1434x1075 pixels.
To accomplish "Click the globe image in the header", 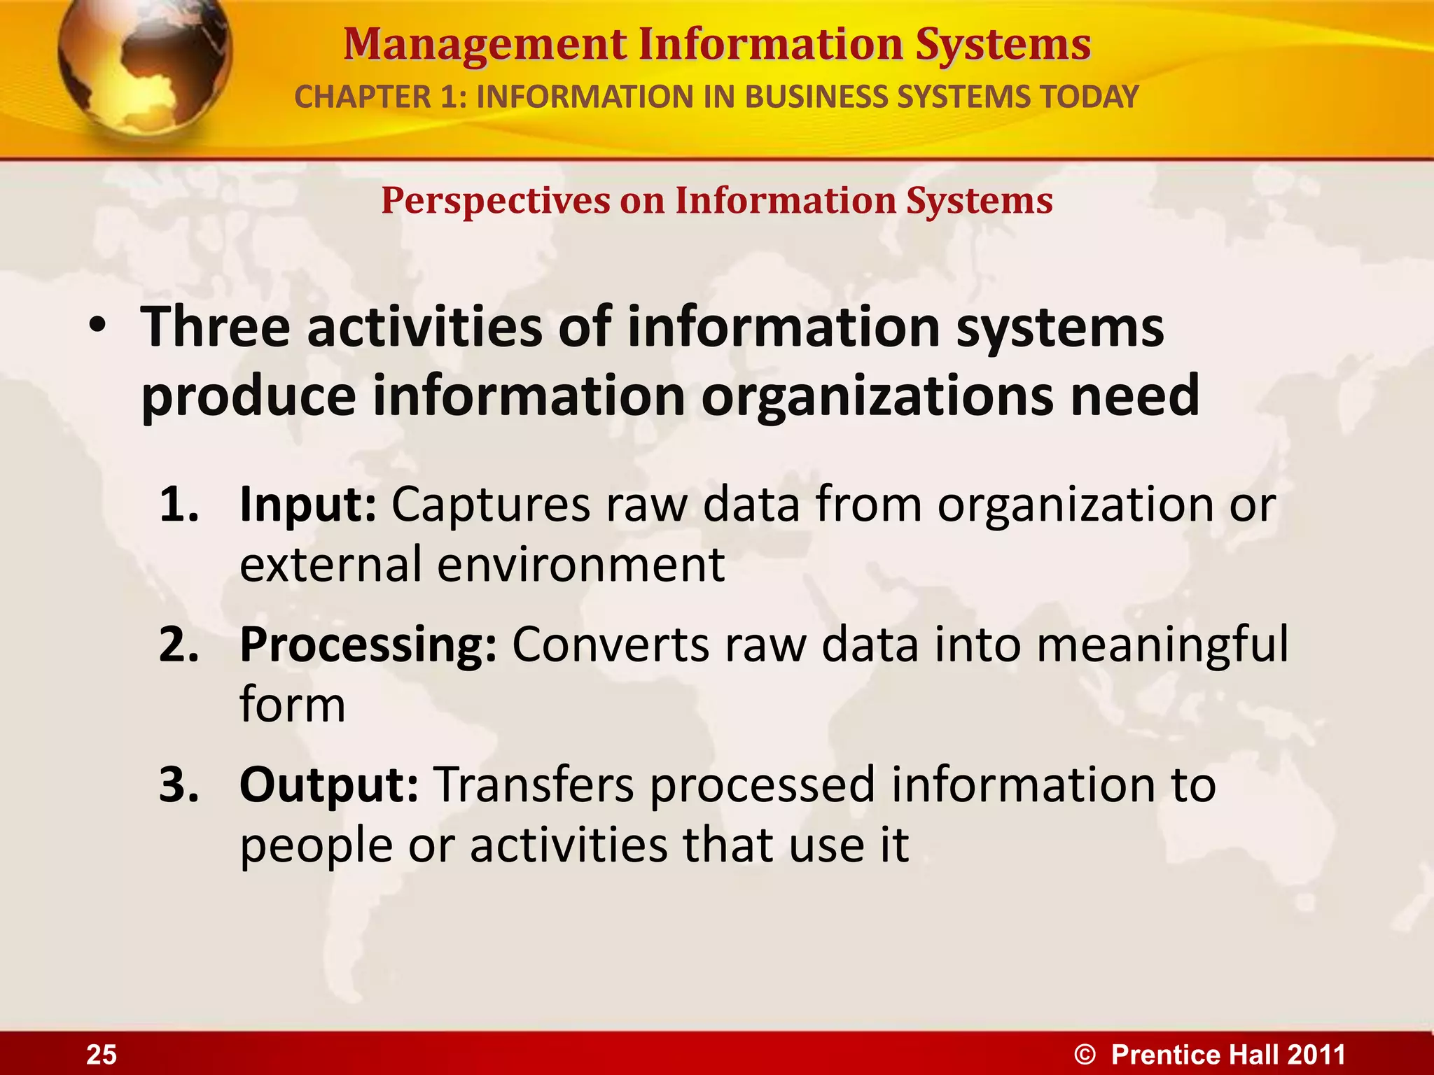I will [x=144, y=63].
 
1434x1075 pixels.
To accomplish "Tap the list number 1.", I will [x=178, y=504].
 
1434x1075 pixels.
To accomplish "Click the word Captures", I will [x=490, y=505].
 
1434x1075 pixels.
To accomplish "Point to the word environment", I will [x=580, y=564].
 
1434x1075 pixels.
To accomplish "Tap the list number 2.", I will [x=179, y=645].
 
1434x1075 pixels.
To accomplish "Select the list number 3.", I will [x=179, y=785].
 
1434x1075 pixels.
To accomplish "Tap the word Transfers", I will [x=534, y=785].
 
